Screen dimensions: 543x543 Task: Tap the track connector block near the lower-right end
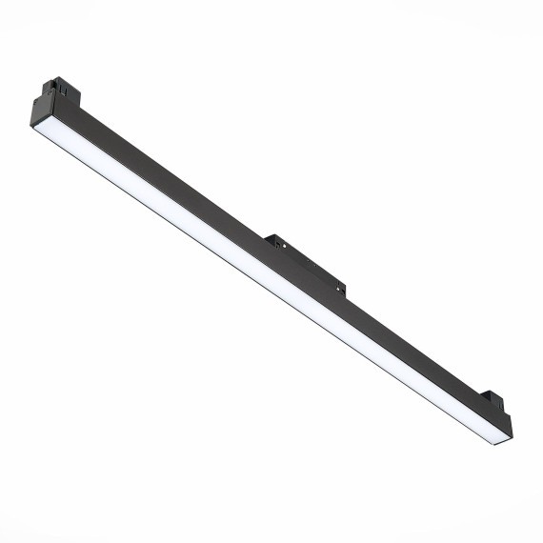click(x=494, y=402)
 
